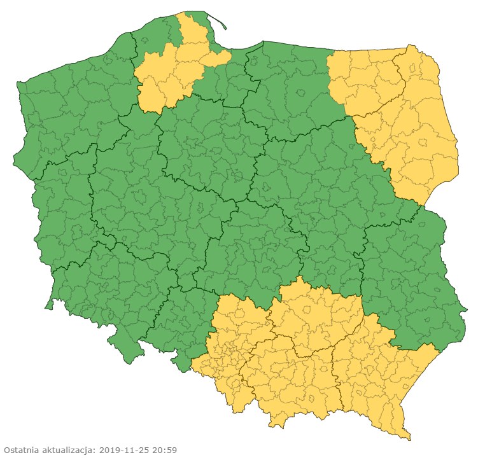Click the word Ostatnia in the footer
pyautogui.click(x=22, y=450)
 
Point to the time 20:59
pyautogui.click(x=164, y=450)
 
